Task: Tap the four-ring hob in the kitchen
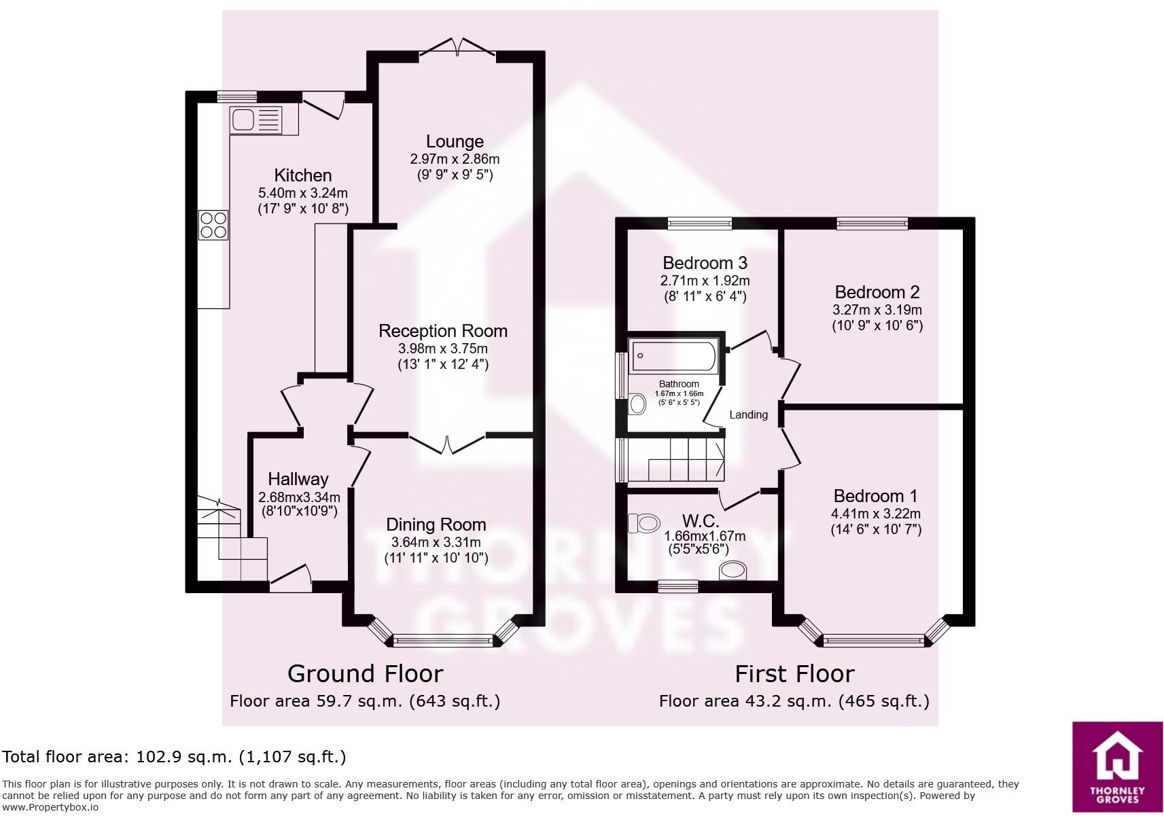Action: (x=213, y=225)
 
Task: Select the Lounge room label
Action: (x=455, y=141)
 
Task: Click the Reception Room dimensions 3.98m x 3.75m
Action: (x=443, y=349)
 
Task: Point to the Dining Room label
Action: (x=436, y=525)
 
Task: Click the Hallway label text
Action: (x=298, y=479)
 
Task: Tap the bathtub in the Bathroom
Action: (x=673, y=356)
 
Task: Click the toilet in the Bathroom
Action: (x=637, y=404)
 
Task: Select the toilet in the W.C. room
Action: (x=645, y=523)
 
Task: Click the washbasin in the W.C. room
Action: (x=733, y=570)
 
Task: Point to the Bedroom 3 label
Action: (x=705, y=263)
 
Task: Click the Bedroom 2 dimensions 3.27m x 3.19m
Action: (x=877, y=310)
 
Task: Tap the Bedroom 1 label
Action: (x=875, y=496)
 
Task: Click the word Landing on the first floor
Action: (x=748, y=414)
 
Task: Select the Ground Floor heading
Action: (x=365, y=673)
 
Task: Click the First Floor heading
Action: (x=794, y=673)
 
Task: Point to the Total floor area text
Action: (x=175, y=756)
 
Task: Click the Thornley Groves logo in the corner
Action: (x=1117, y=766)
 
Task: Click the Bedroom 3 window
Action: (x=699, y=223)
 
